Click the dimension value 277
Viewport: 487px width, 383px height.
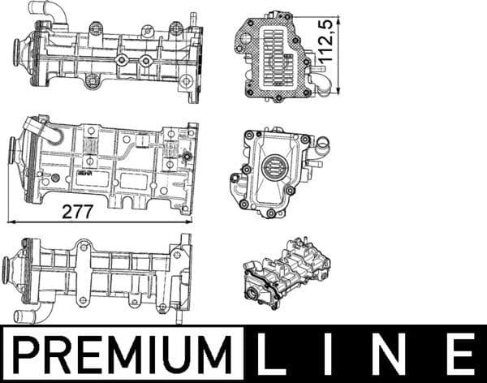(x=78, y=212)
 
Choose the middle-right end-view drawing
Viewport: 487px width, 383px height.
(x=277, y=173)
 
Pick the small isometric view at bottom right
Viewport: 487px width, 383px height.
(x=286, y=275)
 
